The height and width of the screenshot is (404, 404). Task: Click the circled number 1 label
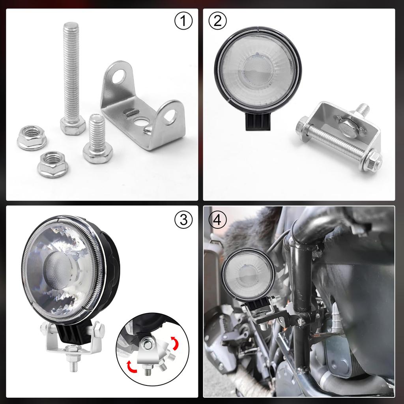[183, 21]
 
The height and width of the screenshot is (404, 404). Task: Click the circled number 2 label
[217, 21]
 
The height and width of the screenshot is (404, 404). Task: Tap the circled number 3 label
[183, 221]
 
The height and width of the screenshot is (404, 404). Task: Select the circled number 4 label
[217, 221]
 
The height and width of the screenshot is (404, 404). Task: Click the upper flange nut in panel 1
[32, 138]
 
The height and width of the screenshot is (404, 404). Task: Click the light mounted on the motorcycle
[248, 274]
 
